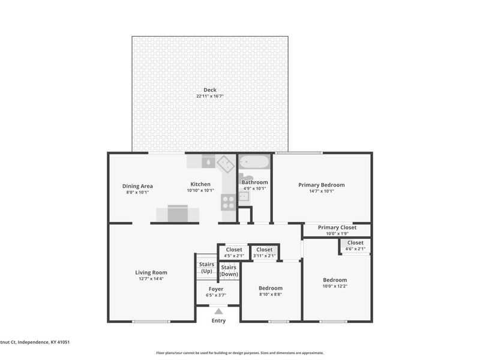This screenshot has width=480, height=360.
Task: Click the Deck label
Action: (209, 90)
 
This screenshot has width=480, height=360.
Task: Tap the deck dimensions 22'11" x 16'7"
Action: (209, 96)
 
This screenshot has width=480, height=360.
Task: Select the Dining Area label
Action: (137, 186)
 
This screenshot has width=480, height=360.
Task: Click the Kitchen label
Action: (200, 184)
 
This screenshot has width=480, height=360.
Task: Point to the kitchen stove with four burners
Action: (228, 202)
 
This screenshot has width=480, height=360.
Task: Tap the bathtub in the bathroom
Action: (254, 163)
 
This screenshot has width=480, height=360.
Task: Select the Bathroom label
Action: (254, 182)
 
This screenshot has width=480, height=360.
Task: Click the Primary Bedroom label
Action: (322, 185)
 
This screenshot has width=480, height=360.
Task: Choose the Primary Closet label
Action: (337, 227)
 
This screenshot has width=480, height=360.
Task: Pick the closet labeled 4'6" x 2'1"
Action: (355, 245)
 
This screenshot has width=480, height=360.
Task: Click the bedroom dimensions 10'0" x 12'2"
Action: (334, 287)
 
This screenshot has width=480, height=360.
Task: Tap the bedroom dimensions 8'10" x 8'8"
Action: (271, 295)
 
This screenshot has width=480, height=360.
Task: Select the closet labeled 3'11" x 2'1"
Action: (264, 253)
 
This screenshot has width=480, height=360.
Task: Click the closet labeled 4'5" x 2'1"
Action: (234, 253)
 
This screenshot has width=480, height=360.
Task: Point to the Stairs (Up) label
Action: (206, 268)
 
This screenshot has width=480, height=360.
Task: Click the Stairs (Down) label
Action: (229, 271)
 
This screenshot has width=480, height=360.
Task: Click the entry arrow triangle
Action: (218, 311)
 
